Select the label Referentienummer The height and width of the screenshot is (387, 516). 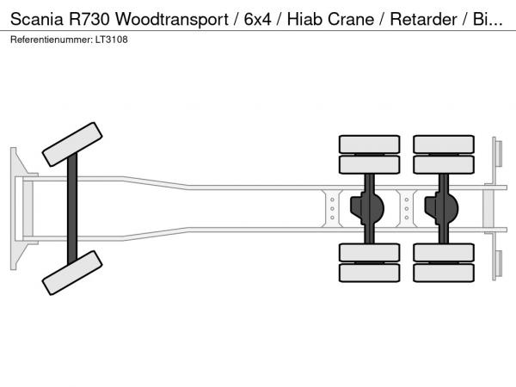[47, 40]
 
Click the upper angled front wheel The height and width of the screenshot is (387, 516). [72, 143]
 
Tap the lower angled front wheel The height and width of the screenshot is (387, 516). [72, 274]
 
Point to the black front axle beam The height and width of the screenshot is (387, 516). [73, 208]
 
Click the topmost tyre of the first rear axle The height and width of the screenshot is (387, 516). [368, 144]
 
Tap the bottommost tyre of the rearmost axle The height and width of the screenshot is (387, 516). [444, 273]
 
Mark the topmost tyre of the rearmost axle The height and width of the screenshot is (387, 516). [444, 144]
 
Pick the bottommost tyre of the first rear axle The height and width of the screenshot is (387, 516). [368, 273]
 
